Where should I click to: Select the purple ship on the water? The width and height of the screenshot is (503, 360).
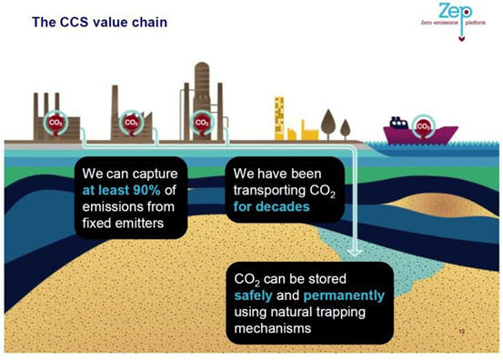click(x=419, y=134)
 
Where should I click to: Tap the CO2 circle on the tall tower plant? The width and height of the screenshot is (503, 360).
click(x=203, y=122)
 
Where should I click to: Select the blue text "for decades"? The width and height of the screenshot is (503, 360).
click(x=270, y=206)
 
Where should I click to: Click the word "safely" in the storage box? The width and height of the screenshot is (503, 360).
click(x=257, y=296)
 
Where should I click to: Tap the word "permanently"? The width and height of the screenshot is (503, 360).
click(x=344, y=296)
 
